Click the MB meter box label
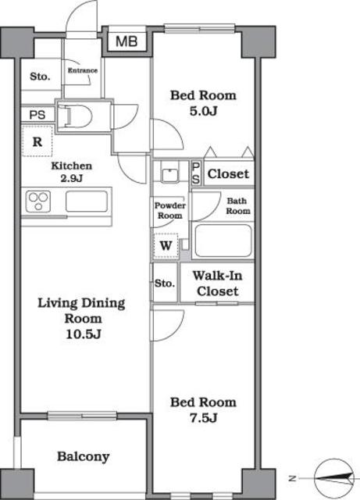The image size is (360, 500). click(x=127, y=41)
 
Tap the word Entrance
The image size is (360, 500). click(x=83, y=70)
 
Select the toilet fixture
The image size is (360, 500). click(x=76, y=116)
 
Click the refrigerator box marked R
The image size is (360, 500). click(x=37, y=141)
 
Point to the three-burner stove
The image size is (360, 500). click(x=38, y=202)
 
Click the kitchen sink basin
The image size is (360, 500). click(x=87, y=202)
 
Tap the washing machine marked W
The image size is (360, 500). click(x=166, y=245)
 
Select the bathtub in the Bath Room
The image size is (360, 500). click(x=223, y=241)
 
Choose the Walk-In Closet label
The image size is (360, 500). click(x=217, y=283)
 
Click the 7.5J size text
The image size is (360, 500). click(x=204, y=418)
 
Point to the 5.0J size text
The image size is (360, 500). click(x=204, y=111)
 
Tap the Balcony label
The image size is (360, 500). click(x=84, y=456)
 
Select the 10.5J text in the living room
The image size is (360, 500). click(x=84, y=334)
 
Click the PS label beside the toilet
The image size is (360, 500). click(x=37, y=115)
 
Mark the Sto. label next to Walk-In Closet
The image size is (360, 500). click(x=165, y=283)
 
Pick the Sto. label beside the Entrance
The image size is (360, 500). click(x=40, y=77)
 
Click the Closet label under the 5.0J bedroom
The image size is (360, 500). click(x=228, y=173)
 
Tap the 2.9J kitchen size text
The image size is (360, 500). click(x=72, y=178)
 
